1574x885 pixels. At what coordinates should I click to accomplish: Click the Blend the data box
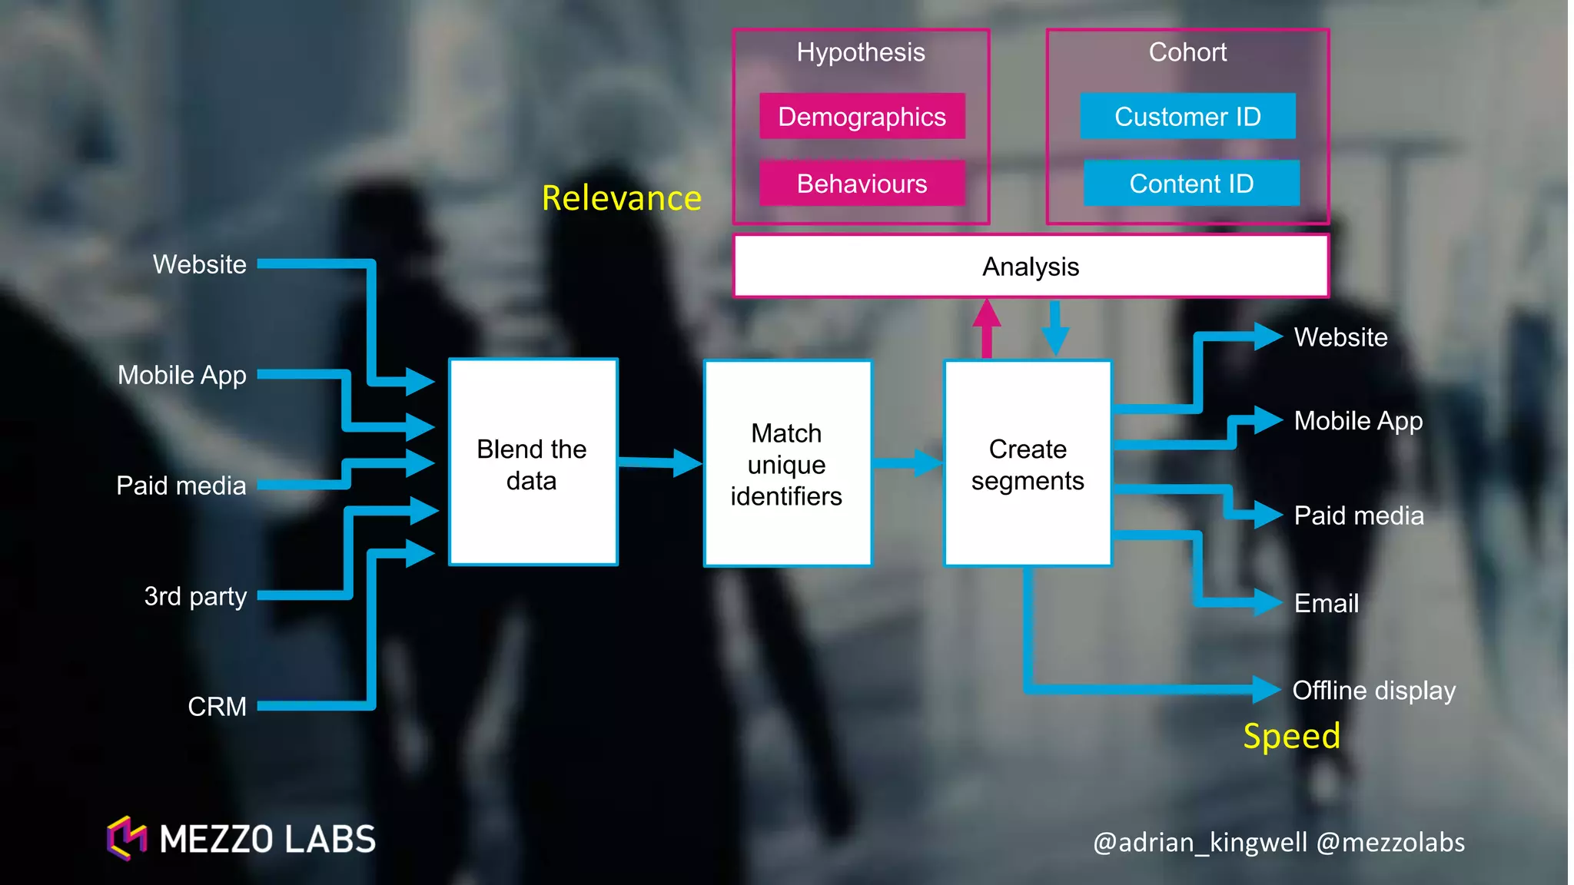point(533,462)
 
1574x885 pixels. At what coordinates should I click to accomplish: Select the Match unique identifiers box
point(787,463)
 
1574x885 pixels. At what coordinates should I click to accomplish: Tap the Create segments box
point(1028,463)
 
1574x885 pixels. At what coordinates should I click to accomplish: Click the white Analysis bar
point(1031,266)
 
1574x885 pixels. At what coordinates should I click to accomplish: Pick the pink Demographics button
point(862,116)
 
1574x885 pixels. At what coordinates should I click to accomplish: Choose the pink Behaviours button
point(862,183)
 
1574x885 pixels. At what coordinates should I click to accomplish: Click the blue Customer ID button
point(1187,116)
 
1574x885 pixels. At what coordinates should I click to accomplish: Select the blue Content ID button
point(1191,183)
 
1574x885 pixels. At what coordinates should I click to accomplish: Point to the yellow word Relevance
point(621,198)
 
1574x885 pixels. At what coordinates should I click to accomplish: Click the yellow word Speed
point(1291,736)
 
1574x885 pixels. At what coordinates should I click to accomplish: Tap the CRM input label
point(217,706)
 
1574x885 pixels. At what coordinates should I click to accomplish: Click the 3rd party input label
point(195,595)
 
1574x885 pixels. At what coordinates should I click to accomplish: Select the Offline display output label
point(1373,690)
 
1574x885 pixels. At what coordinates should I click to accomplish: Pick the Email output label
point(1326,603)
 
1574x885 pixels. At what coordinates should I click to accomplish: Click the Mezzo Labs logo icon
point(127,838)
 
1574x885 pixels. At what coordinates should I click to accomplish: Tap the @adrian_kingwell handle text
point(1199,842)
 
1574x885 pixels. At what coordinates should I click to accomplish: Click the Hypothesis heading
point(860,51)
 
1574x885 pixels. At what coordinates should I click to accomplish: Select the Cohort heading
point(1187,51)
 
